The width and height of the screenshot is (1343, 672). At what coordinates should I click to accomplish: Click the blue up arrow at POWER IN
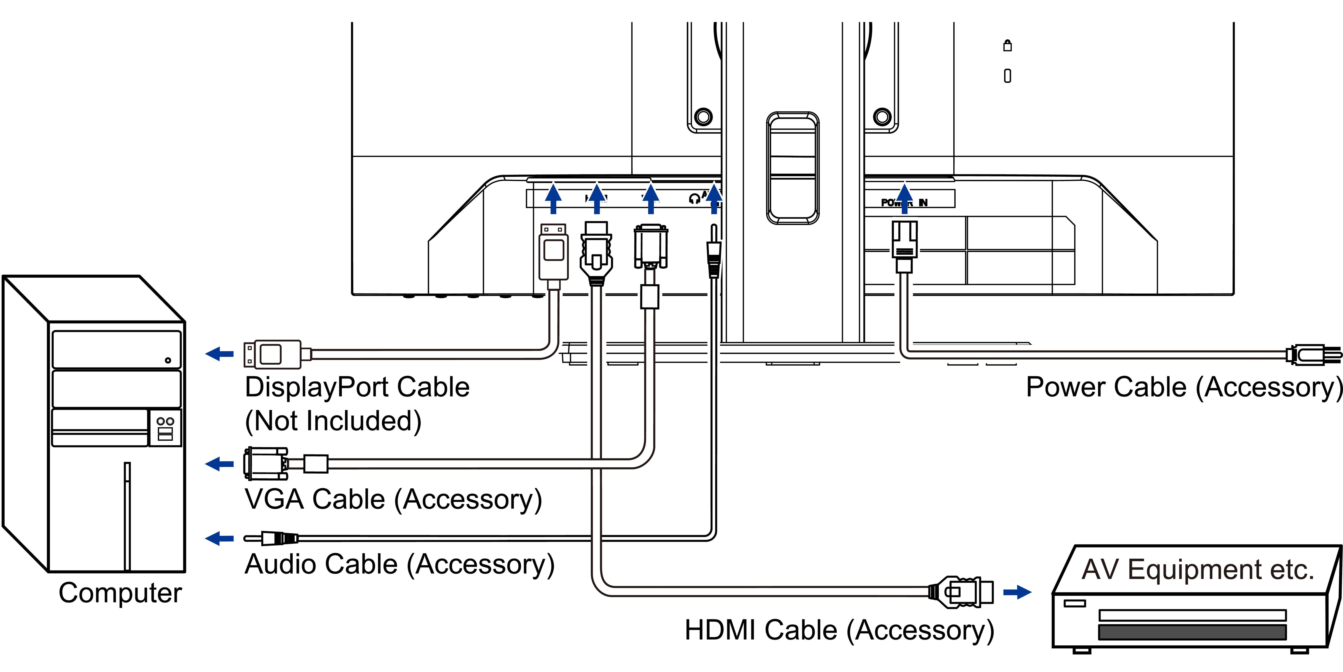[x=905, y=198]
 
